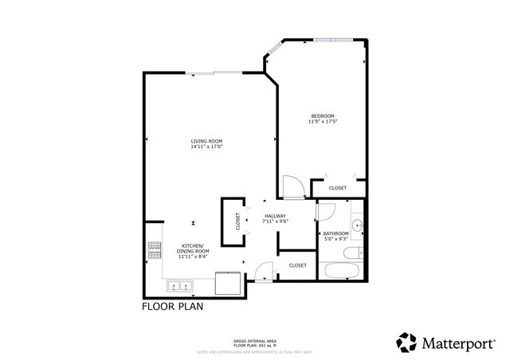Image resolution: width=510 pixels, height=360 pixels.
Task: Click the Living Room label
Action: (x=206, y=141)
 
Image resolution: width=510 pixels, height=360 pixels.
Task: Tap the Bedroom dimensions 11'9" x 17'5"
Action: (x=322, y=122)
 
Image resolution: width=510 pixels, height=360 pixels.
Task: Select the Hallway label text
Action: (x=276, y=215)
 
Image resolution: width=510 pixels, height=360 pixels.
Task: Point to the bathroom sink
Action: (x=358, y=226)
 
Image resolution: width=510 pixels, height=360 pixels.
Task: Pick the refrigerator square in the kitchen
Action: (x=229, y=284)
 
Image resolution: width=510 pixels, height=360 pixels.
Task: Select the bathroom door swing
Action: (x=326, y=213)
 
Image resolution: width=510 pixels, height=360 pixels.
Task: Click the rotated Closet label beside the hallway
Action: (x=237, y=221)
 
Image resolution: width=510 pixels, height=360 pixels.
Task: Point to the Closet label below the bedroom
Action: (x=338, y=188)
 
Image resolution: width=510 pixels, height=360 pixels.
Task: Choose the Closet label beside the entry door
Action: (x=297, y=265)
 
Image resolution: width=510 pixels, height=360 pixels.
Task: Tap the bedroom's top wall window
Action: (x=335, y=38)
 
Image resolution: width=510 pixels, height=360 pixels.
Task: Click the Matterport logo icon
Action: (x=406, y=342)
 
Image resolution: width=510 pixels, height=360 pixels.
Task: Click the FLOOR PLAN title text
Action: (x=171, y=306)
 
